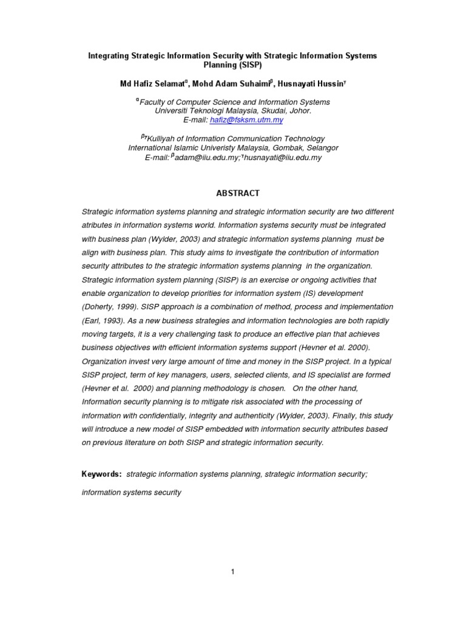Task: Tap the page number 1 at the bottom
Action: [x=232, y=571]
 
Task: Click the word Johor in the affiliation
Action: [x=300, y=111]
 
